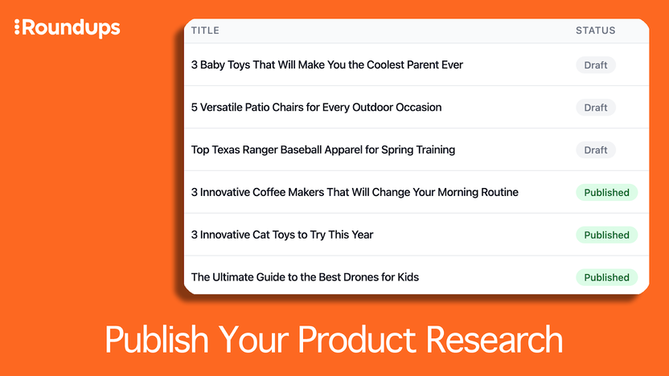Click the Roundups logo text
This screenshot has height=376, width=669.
pyautogui.click(x=72, y=28)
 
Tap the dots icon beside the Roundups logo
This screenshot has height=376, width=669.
pyautogui.click(x=18, y=28)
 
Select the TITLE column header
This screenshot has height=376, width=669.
pyautogui.click(x=205, y=31)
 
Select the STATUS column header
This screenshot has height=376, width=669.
pyautogui.click(x=595, y=31)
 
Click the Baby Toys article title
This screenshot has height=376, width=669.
pyautogui.click(x=326, y=65)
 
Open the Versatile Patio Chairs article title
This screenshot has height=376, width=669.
pyautogui.click(x=316, y=108)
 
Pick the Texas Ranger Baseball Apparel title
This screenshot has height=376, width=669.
pyautogui.click(x=322, y=150)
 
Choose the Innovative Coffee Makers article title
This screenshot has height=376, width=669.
pyautogui.click(x=355, y=193)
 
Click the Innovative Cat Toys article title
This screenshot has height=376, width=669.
pyautogui.click(x=282, y=235)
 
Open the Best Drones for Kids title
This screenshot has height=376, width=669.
pyautogui.click(x=305, y=278)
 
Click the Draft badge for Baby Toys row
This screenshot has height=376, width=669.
pyautogui.click(x=596, y=65)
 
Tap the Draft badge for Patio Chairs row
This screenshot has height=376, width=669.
pyautogui.click(x=596, y=108)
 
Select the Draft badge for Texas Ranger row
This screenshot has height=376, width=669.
pyautogui.click(x=596, y=150)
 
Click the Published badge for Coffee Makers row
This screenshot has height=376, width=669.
pyautogui.click(x=606, y=193)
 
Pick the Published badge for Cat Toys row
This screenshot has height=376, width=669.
pyautogui.click(x=606, y=235)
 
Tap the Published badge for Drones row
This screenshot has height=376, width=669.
pyautogui.click(x=606, y=278)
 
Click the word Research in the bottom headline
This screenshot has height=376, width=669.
pyautogui.click(x=495, y=340)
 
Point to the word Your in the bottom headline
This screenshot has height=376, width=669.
pyautogui.click(x=255, y=340)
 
